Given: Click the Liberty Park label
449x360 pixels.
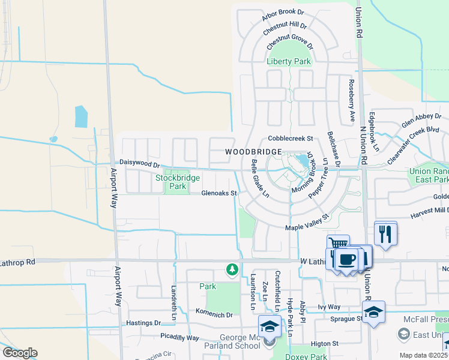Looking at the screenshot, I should [x=289, y=61].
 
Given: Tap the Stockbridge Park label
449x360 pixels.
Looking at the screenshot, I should [x=170, y=182].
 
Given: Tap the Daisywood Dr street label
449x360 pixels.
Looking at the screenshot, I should [x=139, y=163].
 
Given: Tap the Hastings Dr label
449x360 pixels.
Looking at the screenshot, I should [x=142, y=323].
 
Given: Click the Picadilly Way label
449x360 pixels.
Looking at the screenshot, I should [x=179, y=338].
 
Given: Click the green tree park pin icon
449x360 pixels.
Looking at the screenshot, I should [x=232, y=269].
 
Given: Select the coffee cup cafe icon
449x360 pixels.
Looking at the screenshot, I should [x=347, y=260].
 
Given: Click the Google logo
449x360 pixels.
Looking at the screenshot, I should [x=20, y=353].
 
